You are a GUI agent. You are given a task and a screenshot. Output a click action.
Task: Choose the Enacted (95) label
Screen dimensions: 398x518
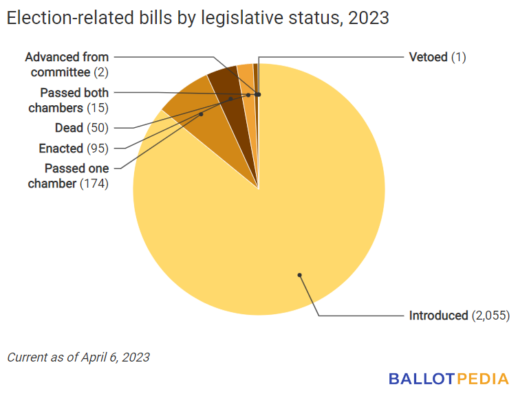pyautogui.click(x=74, y=148)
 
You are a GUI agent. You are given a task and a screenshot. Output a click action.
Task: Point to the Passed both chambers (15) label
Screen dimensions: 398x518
pyautogui.click(x=69, y=100)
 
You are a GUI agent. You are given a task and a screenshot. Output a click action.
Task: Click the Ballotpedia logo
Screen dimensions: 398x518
pyautogui.click(x=448, y=378)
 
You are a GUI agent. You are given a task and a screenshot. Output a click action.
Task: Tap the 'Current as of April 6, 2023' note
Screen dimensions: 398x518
pyautogui.click(x=78, y=357)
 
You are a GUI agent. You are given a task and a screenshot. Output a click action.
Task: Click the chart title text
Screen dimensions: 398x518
pyautogui.click(x=197, y=19)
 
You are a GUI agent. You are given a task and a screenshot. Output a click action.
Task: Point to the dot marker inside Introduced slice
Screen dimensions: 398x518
pyautogui.click(x=300, y=275)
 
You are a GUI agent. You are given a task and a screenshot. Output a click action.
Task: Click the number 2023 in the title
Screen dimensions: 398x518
pyautogui.click(x=369, y=19)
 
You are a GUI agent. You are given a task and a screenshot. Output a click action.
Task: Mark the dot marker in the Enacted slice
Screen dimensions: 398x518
pyautogui.click(x=230, y=99)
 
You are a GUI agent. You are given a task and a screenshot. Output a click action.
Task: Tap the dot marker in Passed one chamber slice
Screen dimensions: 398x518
pyautogui.click(x=201, y=114)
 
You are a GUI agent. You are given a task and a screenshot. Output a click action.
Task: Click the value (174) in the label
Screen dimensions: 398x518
pyautogui.click(x=94, y=184)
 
